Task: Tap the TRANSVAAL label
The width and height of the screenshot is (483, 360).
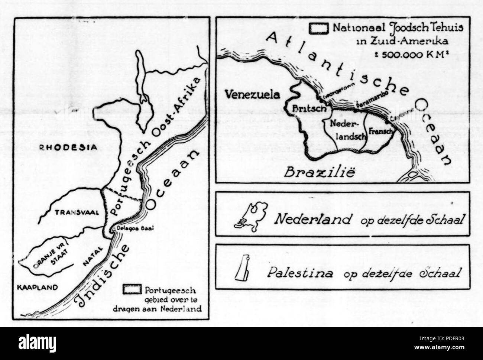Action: click(73, 213)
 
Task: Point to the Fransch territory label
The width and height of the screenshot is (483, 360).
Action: click(378, 131)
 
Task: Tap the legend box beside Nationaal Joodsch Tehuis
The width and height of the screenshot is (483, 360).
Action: click(320, 28)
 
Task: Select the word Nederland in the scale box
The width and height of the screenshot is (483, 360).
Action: click(312, 220)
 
